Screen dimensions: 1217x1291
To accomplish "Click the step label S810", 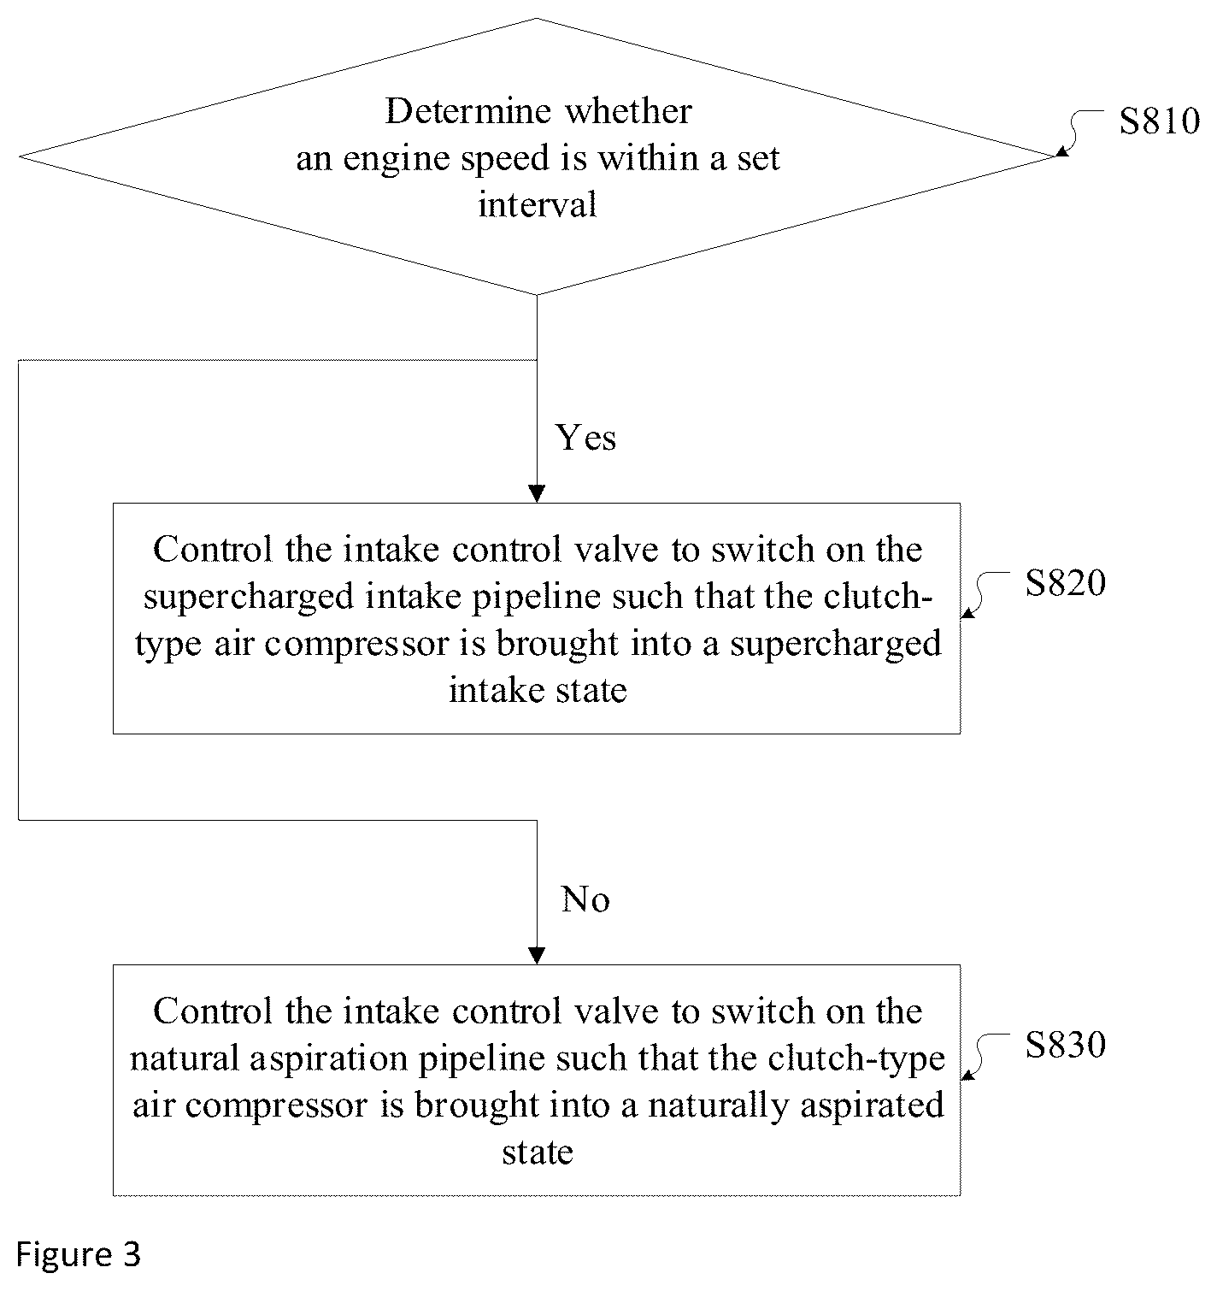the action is (1159, 121).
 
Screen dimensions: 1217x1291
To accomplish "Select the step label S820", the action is (1066, 582).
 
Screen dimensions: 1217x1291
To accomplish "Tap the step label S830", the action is (1066, 1045).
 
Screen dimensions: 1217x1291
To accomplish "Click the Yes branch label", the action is (585, 437).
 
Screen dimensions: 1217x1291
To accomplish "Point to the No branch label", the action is (585, 899).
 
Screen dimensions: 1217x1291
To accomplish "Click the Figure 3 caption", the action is (78, 1254).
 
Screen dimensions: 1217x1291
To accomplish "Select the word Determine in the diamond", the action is (468, 110).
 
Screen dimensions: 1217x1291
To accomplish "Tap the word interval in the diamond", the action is (538, 204).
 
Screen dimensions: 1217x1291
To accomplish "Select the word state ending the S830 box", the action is (538, 1152).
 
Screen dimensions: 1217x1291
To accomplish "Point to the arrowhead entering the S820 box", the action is (537, 494).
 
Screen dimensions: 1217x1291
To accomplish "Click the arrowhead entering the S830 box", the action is (537, 956).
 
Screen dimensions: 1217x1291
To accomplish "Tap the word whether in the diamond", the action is (629, 110).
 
